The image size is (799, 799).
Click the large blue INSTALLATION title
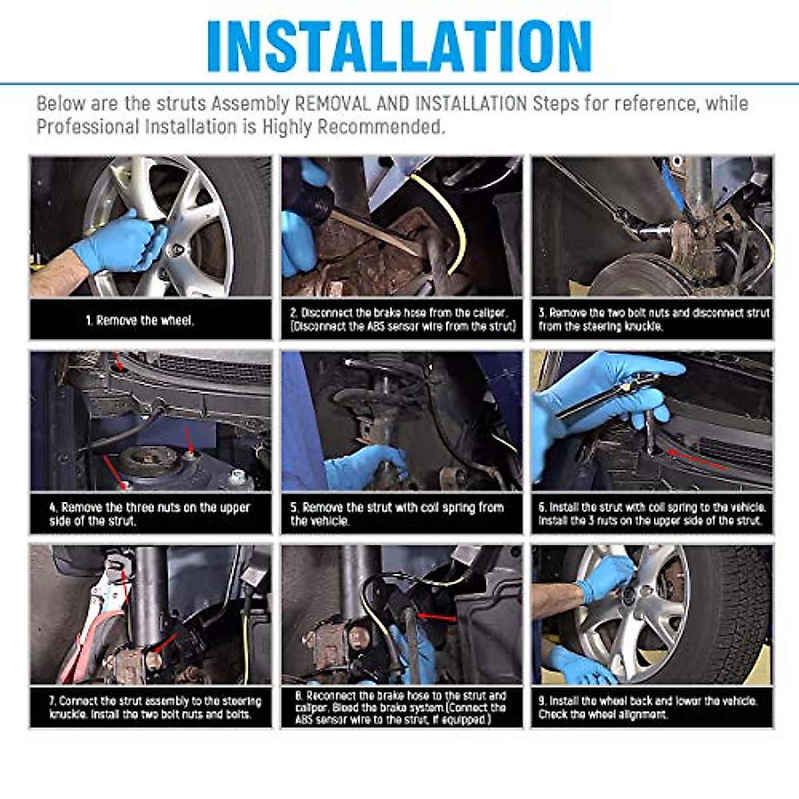(x=400, y=46)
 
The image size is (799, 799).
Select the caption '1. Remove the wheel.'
(x=140, y=320)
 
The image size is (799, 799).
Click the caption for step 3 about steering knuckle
(x=653, y=320)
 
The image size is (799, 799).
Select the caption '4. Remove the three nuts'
(x=150, y=514)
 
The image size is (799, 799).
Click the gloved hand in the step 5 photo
(x=365, y=467)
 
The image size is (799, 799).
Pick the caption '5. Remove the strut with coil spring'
(x=398, y=514)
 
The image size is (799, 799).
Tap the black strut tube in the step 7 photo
(x=150, y=597)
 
